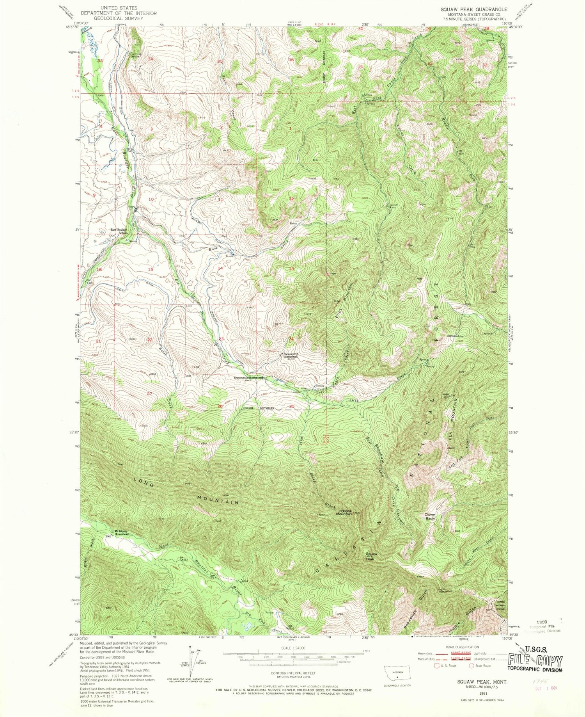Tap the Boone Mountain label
click(344, 512)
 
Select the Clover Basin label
click(430, 516)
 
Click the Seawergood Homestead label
click(249, 377)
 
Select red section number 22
click(150, 340)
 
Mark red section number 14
click(220, 268)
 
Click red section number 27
click(150, 394)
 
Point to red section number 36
click(291, 60)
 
